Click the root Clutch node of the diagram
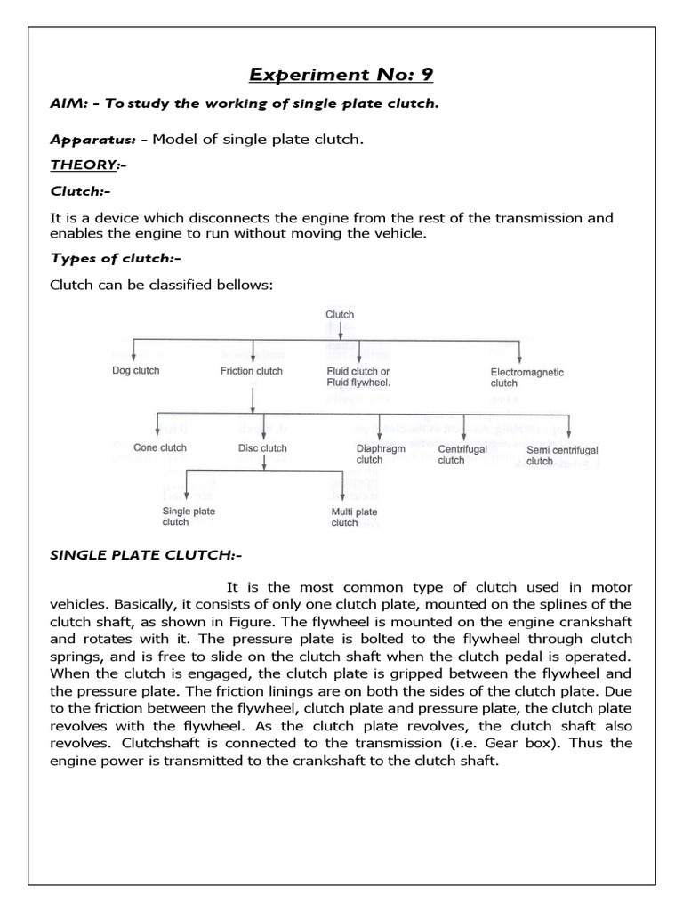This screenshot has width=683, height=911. pos(340,314)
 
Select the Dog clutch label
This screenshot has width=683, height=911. pos(135,371)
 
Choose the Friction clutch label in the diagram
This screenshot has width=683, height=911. pos(252,371)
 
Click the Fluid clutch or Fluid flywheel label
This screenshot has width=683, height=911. pos(358,376)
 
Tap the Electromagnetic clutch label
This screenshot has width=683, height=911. pos(526,377)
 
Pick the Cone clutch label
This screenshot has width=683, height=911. pos(159,447)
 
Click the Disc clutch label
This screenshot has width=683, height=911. pos(262,447)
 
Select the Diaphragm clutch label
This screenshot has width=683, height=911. pos(381,455)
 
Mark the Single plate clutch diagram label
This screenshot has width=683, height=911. pos(188,517)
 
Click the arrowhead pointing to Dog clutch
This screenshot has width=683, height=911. pos(133,357)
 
